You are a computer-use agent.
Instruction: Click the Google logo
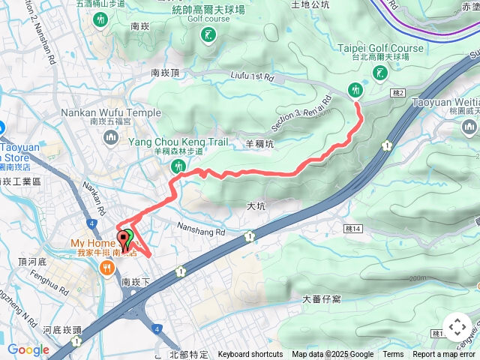28,349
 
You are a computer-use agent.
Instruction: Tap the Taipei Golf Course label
380,48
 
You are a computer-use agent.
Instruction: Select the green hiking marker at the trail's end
356,90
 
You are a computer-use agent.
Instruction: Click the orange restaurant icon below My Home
109,267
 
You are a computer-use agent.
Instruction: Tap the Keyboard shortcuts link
250,355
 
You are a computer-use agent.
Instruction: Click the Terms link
393,355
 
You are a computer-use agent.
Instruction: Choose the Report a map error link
444,355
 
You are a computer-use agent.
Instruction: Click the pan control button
457,327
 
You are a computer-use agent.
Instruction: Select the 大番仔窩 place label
322,298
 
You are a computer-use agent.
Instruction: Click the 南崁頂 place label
165,73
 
